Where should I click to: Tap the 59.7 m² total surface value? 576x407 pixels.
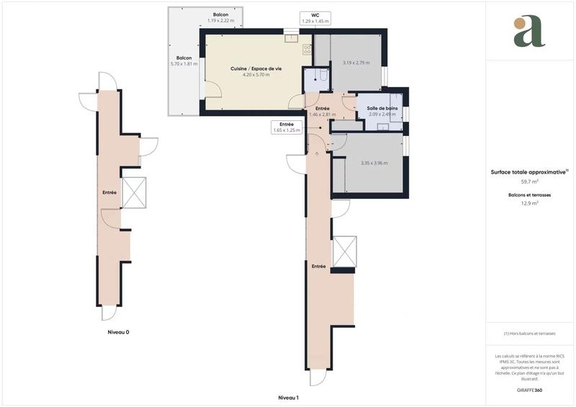(530, 182)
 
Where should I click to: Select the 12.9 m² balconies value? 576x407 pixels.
(530, 203)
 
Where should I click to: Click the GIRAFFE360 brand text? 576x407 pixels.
(530, 390)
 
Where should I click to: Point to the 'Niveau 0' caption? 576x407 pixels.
(118, 333)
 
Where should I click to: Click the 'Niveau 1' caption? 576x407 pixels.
(288, 398)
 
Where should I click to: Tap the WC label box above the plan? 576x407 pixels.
(315, 18)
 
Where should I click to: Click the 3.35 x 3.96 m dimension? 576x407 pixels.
(374, 163)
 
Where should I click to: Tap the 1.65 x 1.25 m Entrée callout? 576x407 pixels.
(286, 128)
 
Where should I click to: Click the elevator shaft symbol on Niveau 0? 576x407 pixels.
(134, 192)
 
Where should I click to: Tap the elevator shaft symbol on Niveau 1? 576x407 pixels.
(344, 251)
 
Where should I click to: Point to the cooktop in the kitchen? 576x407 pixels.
(307, 49)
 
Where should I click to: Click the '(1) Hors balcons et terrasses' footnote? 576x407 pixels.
(530, 334)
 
